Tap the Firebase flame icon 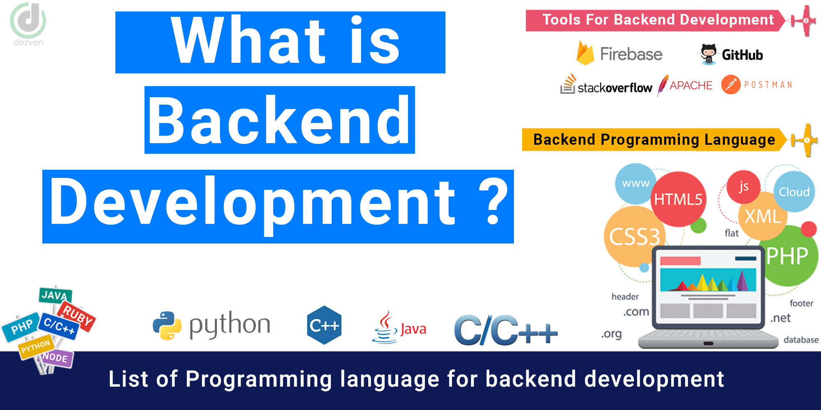coord(585,54)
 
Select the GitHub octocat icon coord(709,54)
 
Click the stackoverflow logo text coord(615,88)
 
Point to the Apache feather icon coord(663,85)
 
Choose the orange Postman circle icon coord(731,85)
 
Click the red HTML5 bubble coord(678,199)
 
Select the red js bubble coord(743,187)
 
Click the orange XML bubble coord(763,216)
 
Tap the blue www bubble coord(635,184)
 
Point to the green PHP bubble coord(787,256)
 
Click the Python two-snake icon coord(167,326)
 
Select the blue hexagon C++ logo coord(324,325)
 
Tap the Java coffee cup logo coord(385,327)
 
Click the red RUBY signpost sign coord(77,316)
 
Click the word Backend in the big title coord(280,120)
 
